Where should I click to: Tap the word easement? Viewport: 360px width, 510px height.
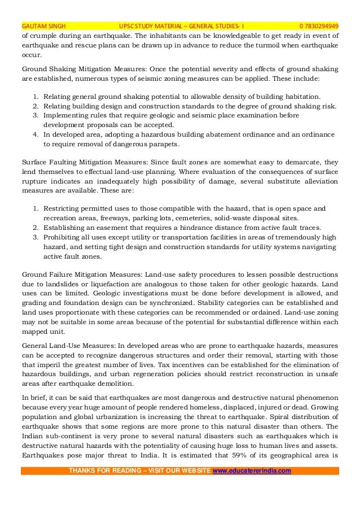(x=100, y=227)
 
